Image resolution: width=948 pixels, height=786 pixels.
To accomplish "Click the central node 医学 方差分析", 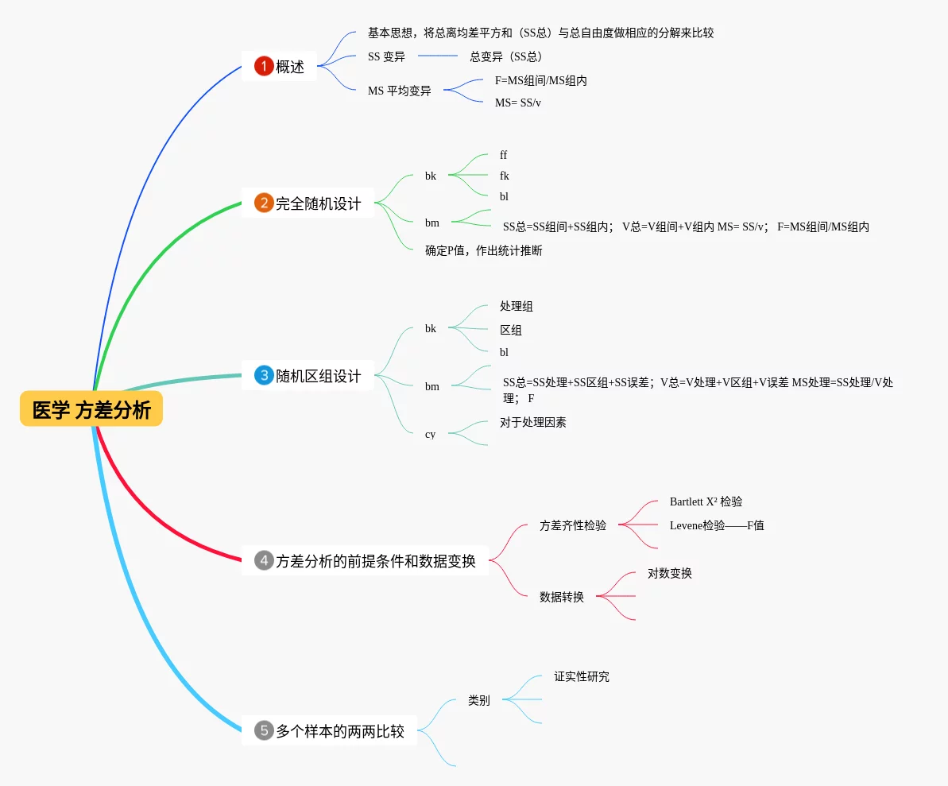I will [x=91, y=409].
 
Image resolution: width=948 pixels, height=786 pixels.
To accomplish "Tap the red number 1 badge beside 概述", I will [x=264, y=67].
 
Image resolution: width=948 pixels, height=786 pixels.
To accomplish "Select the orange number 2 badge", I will [x=264, y=203].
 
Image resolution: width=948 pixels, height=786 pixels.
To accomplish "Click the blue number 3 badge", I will [x=264, y=376].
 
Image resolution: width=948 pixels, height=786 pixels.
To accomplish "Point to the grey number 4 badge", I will [x=264, y=560].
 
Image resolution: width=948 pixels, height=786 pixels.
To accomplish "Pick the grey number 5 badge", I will [x=264, y=730].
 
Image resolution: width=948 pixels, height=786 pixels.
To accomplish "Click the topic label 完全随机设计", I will [x=318, y=203].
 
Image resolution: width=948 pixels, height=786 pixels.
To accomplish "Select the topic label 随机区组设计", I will [x=318, y=376].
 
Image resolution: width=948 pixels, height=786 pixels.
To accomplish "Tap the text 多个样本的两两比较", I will [x=340, y=731].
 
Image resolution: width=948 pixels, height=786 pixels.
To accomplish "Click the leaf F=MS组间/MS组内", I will [x=540, y=80].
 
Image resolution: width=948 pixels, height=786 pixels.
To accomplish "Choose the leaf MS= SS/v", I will [x=517, y=103].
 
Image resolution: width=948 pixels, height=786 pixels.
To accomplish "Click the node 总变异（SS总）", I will [x=506, y=56].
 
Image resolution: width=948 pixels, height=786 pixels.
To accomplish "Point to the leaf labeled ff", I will [x=503, y=155].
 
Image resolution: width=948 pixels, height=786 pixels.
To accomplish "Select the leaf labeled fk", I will [x=504, y=176].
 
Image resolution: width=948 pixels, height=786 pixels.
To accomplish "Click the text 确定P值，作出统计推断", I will [x=483, y=250].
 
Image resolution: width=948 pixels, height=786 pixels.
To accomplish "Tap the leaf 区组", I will [x=510, y=330].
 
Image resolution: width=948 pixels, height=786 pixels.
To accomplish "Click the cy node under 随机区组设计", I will [x=430, y=434].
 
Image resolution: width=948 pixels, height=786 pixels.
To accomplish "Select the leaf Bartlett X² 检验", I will [x=706, y=501].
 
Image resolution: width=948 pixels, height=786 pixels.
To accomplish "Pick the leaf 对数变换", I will [x=669, y=573].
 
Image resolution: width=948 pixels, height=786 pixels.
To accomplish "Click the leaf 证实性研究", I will [x=582, y=677].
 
